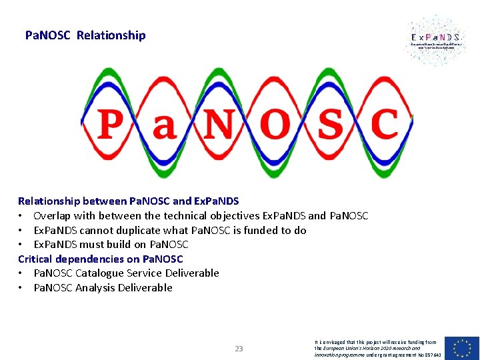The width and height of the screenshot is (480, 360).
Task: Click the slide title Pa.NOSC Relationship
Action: pyautogui.click(x=85, y=35)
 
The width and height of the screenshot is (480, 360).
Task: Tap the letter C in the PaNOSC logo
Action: pyautogui.click(x=383, y=124)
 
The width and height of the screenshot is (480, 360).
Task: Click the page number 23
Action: pyautogui.click(x=239, y=348)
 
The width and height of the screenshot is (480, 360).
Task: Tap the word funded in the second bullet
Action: pyautogui.click(x=258, y=231)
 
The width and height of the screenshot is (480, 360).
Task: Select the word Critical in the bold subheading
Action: pyautogui.click(x=35, y=259)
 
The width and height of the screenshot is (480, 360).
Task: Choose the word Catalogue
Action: pyautogui.click(x=101, y=273)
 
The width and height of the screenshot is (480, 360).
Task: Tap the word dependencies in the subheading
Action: pyautogui.click(x=89, y=259)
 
